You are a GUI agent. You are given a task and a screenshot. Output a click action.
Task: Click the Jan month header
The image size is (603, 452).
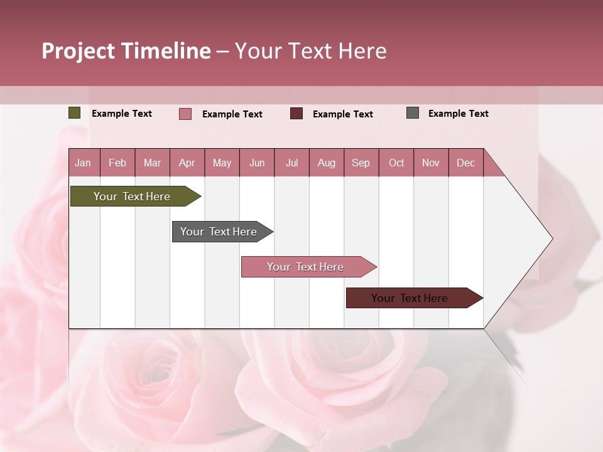83,163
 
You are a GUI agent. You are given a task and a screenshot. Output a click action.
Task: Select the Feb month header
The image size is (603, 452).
117,163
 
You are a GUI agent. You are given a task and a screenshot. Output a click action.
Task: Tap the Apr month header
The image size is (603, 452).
187,163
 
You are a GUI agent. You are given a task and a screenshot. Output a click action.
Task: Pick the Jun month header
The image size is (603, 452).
257,163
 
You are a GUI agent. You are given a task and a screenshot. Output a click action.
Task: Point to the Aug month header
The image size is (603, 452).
326,163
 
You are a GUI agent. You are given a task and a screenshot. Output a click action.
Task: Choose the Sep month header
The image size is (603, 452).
361,163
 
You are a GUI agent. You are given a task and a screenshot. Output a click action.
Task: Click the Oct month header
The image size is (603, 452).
396,163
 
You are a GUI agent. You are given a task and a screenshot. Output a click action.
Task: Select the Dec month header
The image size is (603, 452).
465,163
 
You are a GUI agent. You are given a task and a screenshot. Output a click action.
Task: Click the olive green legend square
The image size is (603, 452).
74,113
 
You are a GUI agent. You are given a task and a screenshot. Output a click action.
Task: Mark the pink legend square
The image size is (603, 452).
185,114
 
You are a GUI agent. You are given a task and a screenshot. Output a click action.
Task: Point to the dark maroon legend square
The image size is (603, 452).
296,114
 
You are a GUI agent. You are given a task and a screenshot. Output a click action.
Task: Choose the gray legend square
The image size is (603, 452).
413,113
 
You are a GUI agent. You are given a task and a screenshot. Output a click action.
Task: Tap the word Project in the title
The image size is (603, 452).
79,51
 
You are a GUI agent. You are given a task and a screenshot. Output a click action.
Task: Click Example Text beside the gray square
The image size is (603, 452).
458,114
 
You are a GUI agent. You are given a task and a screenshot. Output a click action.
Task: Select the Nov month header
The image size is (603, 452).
430,163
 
